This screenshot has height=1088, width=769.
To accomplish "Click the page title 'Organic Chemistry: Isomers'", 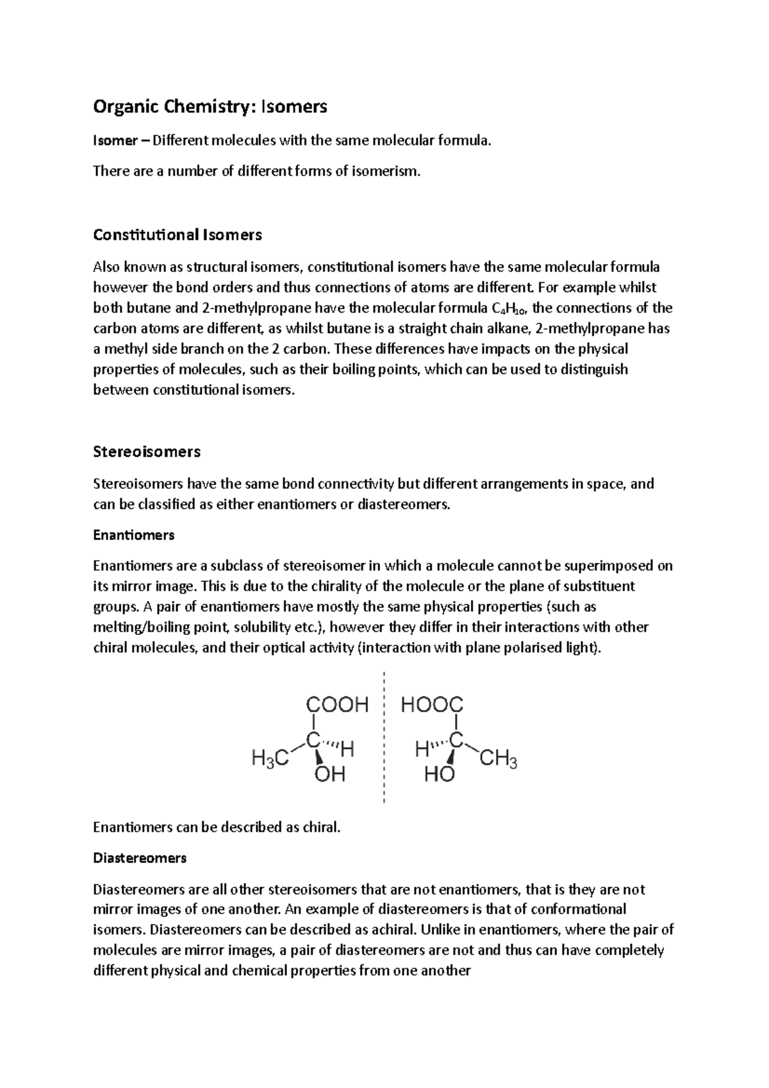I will click(210, 106).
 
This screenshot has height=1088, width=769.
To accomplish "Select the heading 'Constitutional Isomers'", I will click(178, 235).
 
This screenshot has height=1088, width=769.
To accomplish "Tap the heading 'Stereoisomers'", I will click(147, 452).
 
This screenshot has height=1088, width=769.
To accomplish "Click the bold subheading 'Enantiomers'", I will click(133, 534).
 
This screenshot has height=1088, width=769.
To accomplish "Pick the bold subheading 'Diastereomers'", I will click(140, 857).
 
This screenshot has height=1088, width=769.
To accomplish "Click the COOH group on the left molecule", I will click(337, 705).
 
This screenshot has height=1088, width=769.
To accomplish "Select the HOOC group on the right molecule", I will click(432, 705).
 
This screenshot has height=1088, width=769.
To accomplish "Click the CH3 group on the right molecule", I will click(499, 761).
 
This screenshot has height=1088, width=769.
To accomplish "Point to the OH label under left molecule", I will click(331, 775).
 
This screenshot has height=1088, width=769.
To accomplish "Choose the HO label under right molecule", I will click(440, 775).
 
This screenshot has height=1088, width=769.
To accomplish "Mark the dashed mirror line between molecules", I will click(383, 737).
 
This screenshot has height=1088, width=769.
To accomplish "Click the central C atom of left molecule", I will click(313, 740).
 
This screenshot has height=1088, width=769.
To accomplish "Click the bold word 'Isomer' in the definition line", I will click(115, 141).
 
